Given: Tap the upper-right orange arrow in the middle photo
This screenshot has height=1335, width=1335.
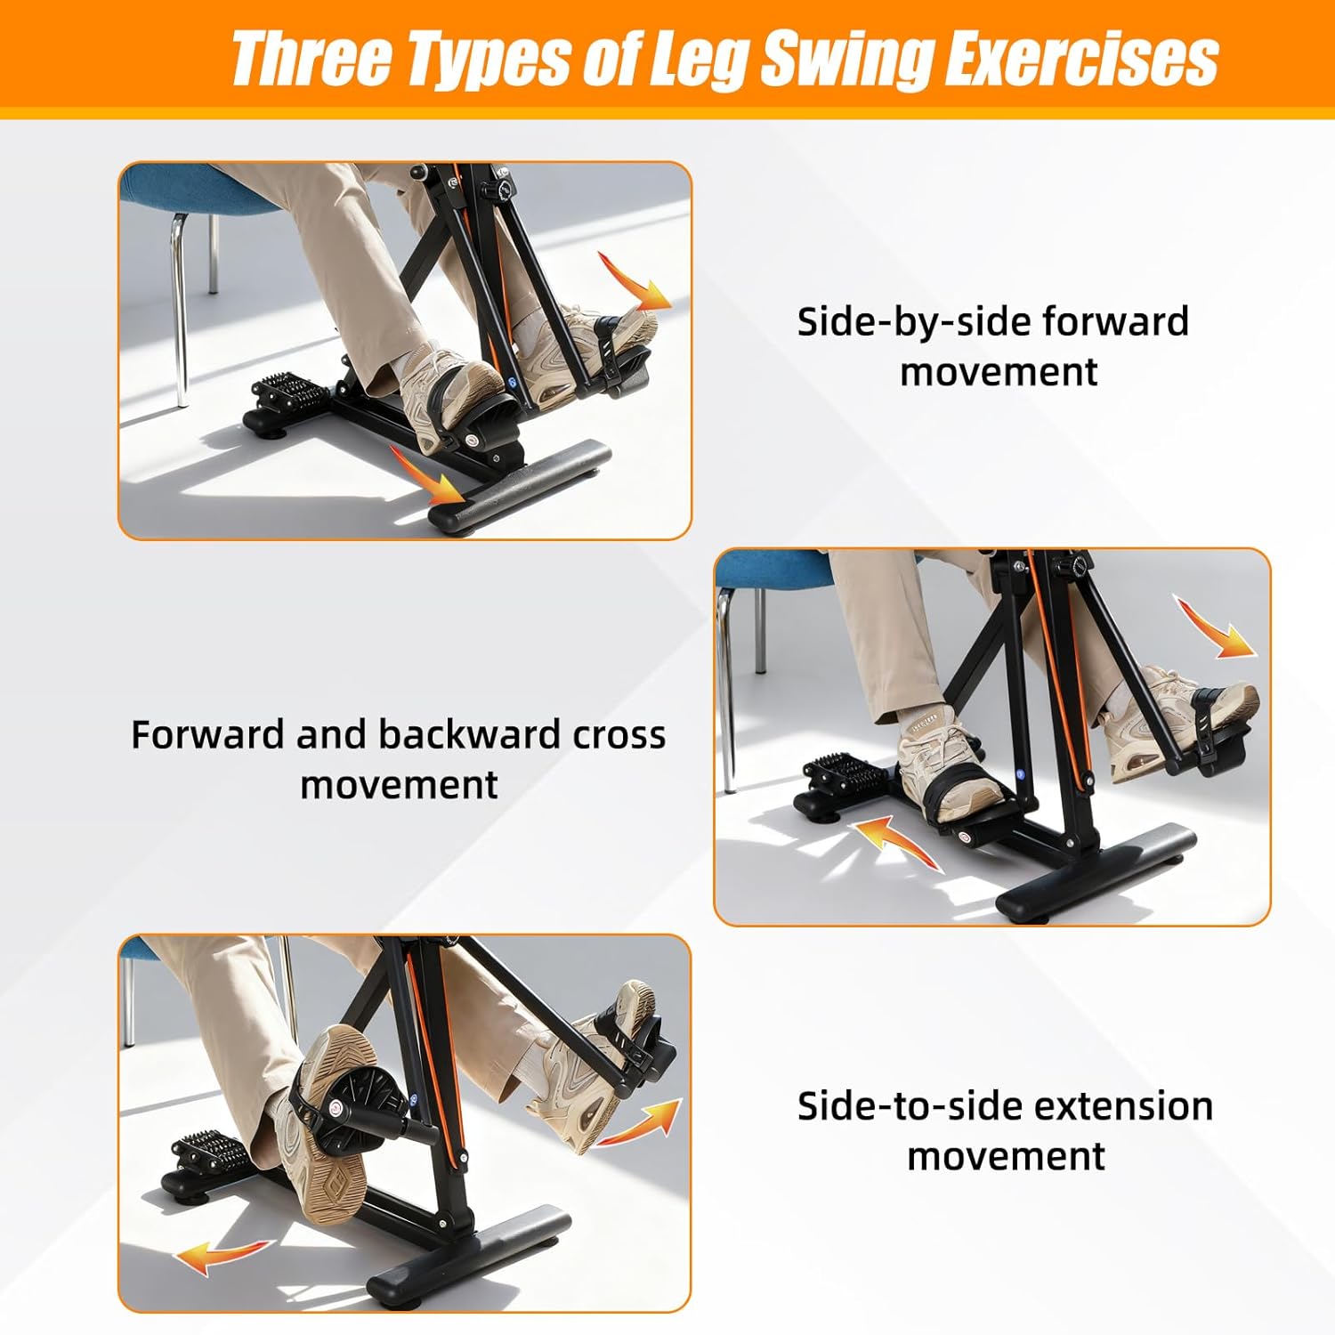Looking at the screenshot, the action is point(1217,627).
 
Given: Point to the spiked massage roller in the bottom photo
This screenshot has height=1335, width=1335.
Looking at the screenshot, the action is point(214,1153).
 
